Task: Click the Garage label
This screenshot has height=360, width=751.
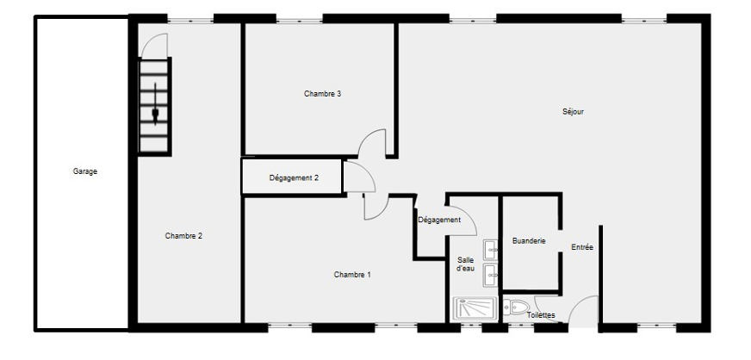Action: click(x=85, y=171)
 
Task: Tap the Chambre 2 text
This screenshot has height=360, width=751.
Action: click(x=183, y=236)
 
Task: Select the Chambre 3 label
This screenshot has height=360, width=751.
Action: click(x=323, y=93)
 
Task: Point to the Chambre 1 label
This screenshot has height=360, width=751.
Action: click(x=352, y=275)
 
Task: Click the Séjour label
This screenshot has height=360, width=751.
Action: click(x=574, y=111)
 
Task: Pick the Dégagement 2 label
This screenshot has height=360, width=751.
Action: click(x=294, y=178)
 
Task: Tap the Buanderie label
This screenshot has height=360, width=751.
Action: click(x=528, y=241)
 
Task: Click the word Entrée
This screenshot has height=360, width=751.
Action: click(x=582, y=248)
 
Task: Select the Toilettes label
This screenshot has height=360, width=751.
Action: click(x=541, y=315)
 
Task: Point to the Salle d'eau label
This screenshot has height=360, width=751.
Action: click(x=465, y=264)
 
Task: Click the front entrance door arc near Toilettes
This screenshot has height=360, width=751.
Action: click(x=586, y=310)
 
